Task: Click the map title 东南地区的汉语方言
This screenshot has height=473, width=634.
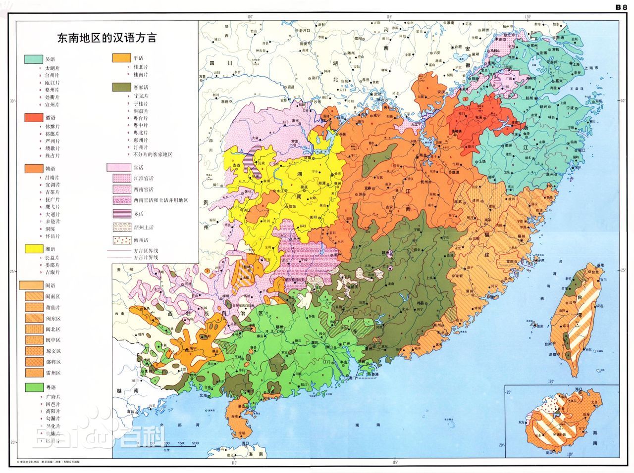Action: pyautogui.click(x=106, y=38)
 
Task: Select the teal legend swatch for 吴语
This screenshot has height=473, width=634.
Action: pyautogui.click(x=33, y=59)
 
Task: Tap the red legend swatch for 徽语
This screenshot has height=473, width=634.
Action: pyautogui.click(x=33, y=118)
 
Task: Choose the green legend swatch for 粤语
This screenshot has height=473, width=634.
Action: pyautogui.click(x=33, y=386)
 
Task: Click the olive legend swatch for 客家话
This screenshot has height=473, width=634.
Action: pyautogui.click(x=121, y=87)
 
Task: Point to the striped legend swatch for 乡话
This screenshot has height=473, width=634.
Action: pyautogui.click(x=121, y=214)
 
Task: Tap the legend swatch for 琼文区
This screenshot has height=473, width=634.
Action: pyautogui.click(x=33, y=351)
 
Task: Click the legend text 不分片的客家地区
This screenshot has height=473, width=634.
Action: pyautogui.click(x=153, y=155)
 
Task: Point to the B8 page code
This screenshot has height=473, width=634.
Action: pyautogui.click(x=621, y=7)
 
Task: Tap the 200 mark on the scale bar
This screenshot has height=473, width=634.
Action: pyautogui.click(x=195, y=443)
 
